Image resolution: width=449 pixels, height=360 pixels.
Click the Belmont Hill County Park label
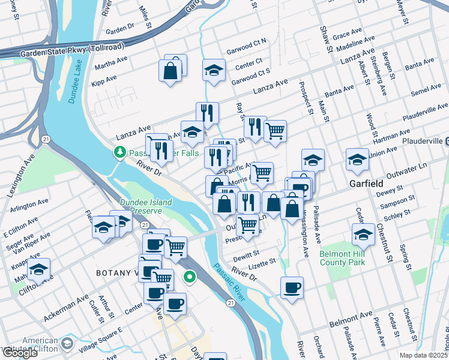pos(342,258)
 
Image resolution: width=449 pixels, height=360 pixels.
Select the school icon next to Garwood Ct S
pos(214,70)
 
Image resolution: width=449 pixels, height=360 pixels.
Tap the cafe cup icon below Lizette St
pos(292,287)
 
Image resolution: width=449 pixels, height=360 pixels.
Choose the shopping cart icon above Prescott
pos(248,225)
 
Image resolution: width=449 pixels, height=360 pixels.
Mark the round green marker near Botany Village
pos(190,277)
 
